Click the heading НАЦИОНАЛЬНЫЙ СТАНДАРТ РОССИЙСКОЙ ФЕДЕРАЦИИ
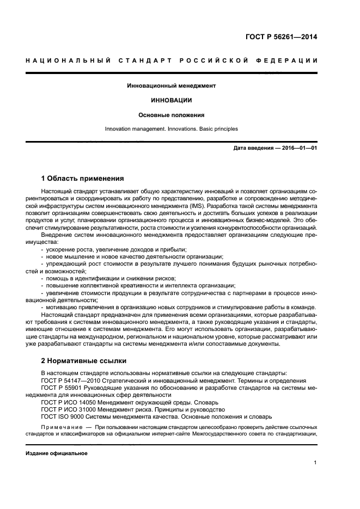coord(172,60)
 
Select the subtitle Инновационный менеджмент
coord(172,86)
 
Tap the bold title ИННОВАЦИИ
coord(172,101)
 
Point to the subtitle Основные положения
coord(172,115)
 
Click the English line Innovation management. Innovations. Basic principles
coord(172,129)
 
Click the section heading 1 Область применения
coord(83,179)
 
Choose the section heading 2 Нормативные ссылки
coord(84,360)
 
